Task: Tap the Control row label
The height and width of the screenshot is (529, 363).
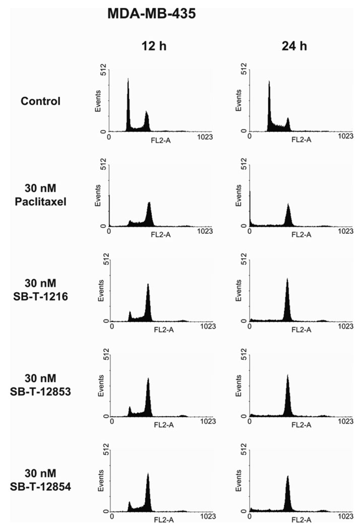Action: tap(40, 101)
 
